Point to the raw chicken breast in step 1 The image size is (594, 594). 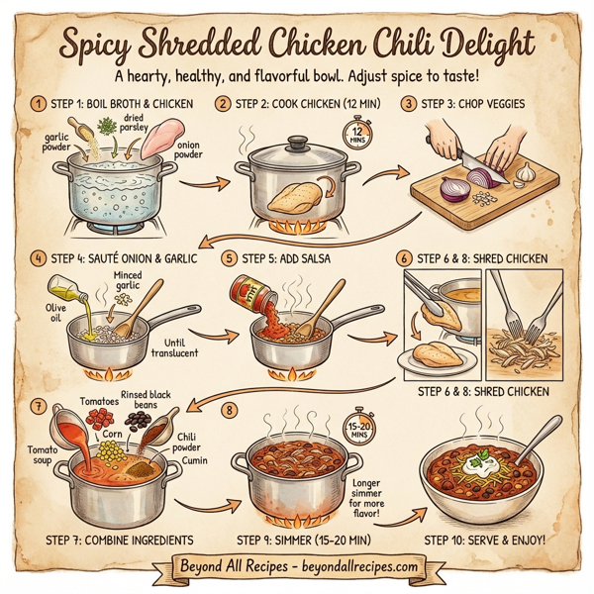click(159, 134)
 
